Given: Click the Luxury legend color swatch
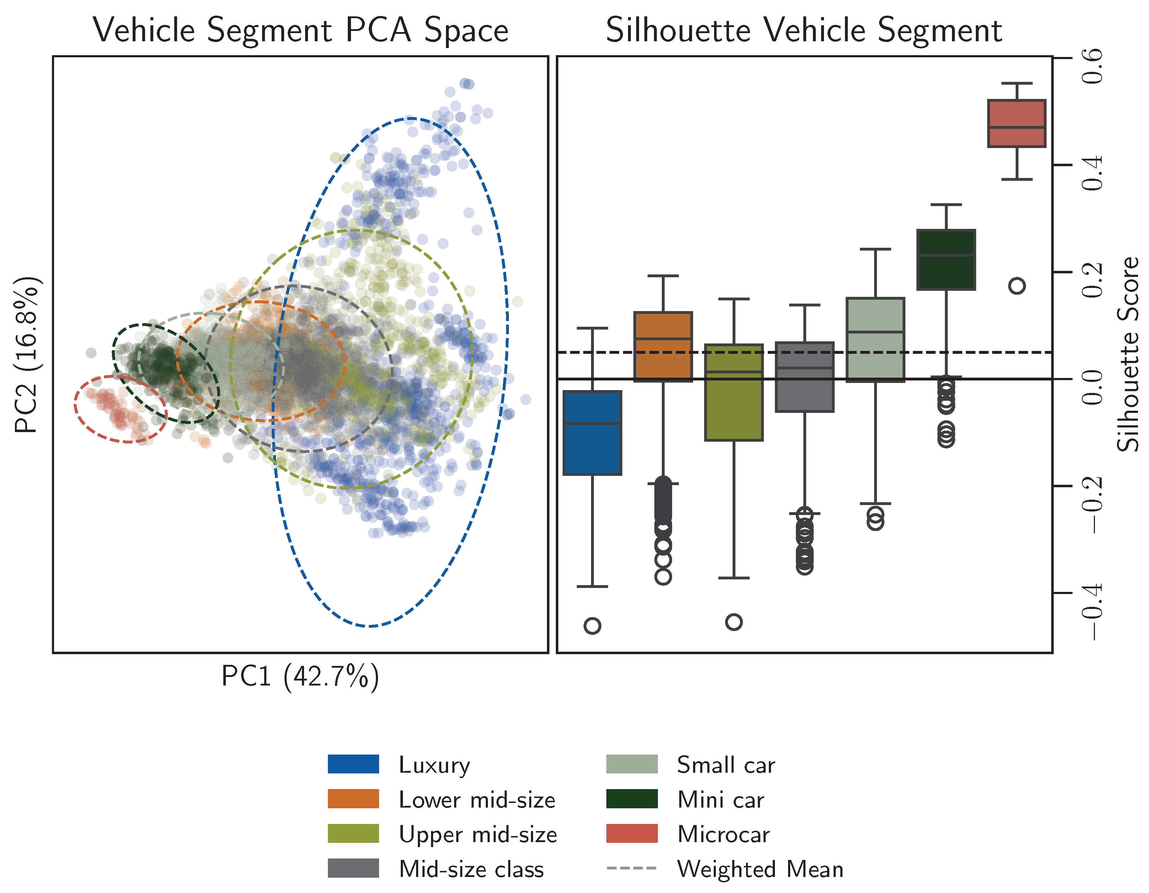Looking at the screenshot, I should [x=353, y=764].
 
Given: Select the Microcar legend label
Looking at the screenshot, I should [x=723, y=834].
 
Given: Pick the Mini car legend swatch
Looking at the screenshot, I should [x=631, y=799].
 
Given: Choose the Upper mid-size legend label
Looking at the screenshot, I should [x=478, y=834].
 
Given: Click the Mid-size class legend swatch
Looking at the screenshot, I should [x=353, y=868].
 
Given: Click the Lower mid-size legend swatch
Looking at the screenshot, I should [x=353, y=799].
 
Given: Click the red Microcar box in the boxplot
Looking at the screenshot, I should [x=1016, y=123].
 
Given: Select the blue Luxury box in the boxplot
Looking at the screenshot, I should [x=592, y=433].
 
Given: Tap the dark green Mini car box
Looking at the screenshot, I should [x=946, y=259].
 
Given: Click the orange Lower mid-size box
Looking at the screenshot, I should [x=663, y=346].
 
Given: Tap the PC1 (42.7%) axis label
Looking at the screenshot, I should [x=300, y=677].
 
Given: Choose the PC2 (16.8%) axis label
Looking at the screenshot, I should [x=26, y=354].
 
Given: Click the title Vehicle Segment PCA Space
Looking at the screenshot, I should [x=300, y=30].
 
